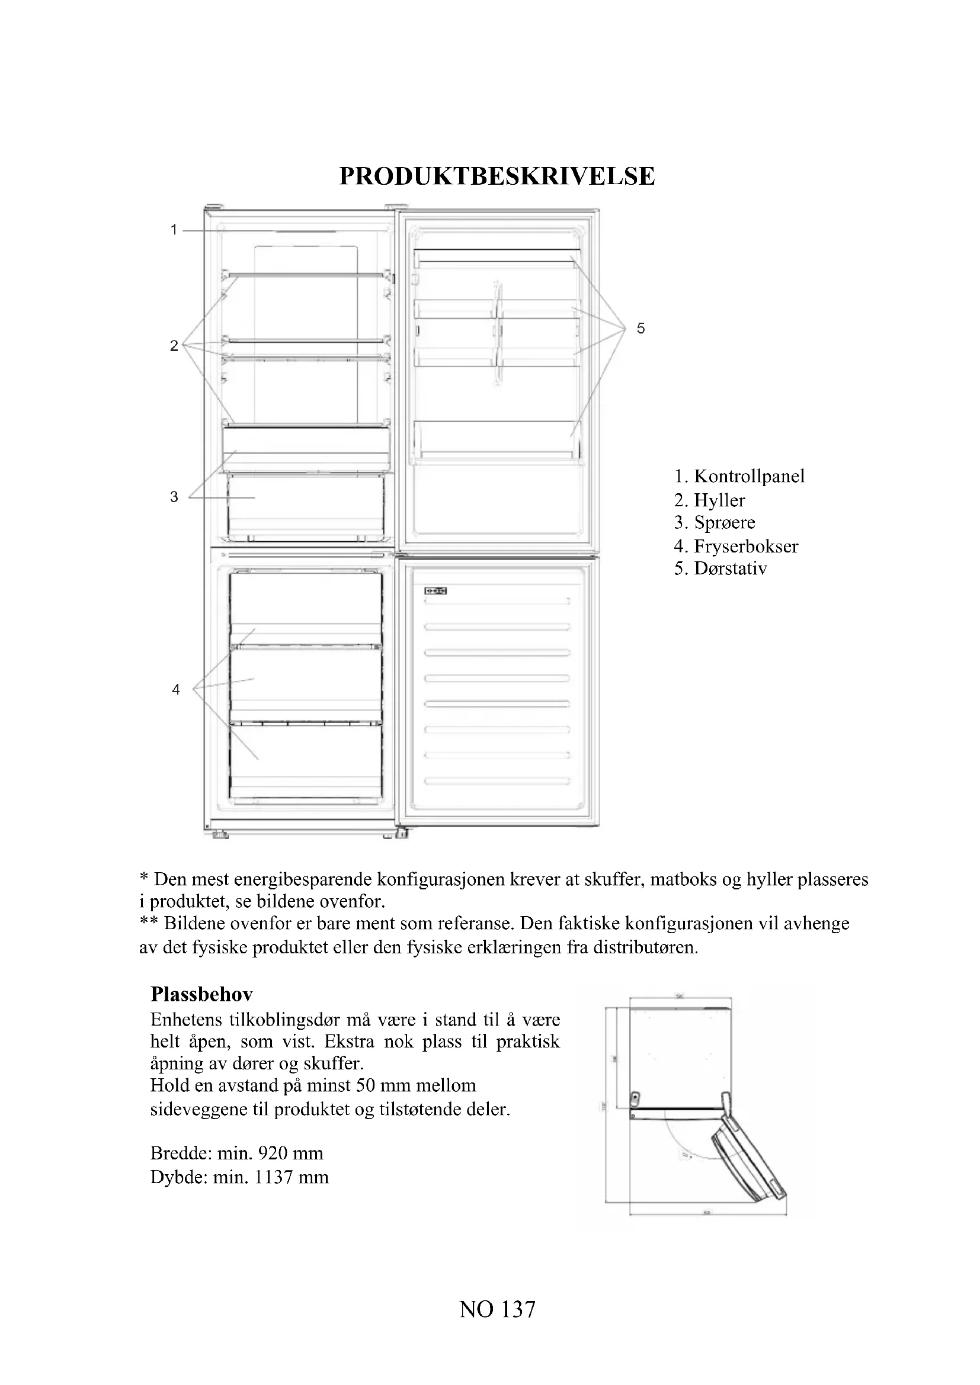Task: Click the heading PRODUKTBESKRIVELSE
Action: click(497, 176)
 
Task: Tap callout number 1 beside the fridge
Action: click(174, 230)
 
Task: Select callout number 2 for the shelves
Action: click(174, 346)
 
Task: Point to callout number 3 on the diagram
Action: click(174, 496)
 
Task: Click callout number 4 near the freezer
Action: click(175, 689)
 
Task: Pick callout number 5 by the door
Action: click(641, 329)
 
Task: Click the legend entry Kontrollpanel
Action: click(749, 476)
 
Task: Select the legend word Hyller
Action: click(719, 500)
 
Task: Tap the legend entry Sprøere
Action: click(724, 522)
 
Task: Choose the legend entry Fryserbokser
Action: click(746, 547)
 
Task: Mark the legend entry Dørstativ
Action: click(730, 569)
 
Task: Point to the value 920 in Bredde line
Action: click(273, 1153)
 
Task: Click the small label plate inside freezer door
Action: click(434, 590)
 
